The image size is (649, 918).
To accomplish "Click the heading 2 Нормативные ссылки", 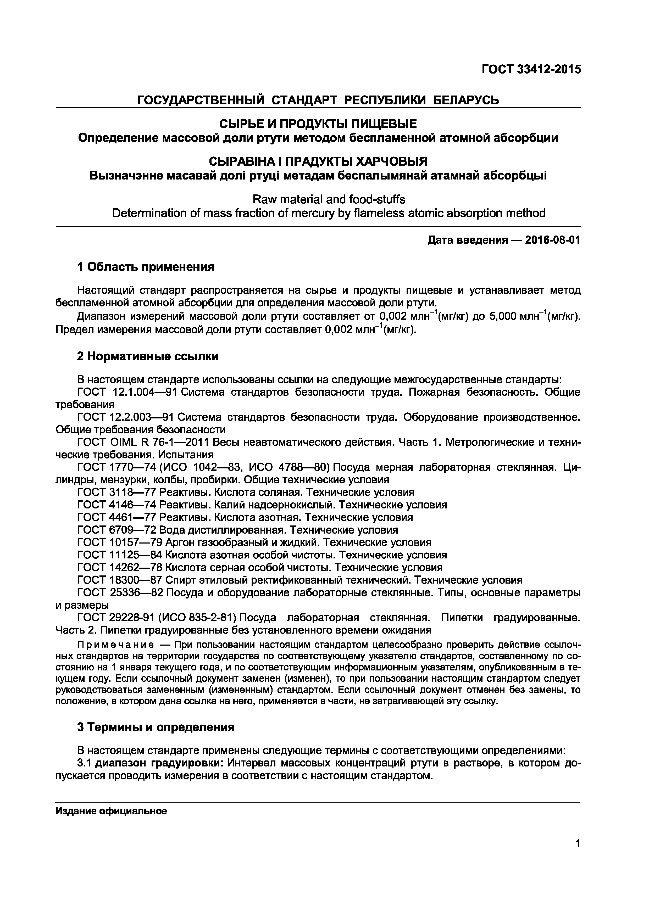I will click(148, 356).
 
